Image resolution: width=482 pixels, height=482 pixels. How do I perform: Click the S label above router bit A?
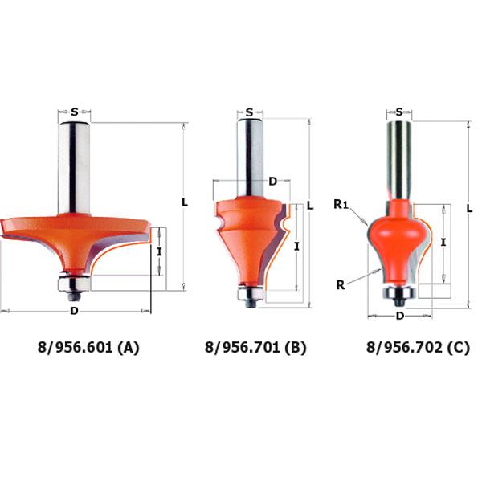pyautogui.click(x=75, y=112)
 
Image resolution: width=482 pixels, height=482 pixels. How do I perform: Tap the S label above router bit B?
pyautogui.click(x=250, y=112)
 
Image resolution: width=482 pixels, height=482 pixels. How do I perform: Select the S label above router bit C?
pyautogui.click(x=399, y=112)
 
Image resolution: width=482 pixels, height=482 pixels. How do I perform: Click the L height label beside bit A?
pyautogui.click(x=185, y=202)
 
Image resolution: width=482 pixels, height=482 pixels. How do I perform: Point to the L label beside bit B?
pyautogui.click(x=310, y=206)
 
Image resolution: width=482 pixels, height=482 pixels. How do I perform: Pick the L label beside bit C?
pyautogui.click(x=469, y=209)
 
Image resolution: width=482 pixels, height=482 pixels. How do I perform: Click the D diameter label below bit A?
pyautogui.click(x=74, y=311)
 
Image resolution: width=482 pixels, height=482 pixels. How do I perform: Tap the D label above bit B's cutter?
pyautogui.click(x=272, y=182)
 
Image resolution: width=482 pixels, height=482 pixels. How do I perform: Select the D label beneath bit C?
pyautogui.click(x=400, y=316)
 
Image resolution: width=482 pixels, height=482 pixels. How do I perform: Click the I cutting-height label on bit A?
pyautogui.click(x=159, y=252)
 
